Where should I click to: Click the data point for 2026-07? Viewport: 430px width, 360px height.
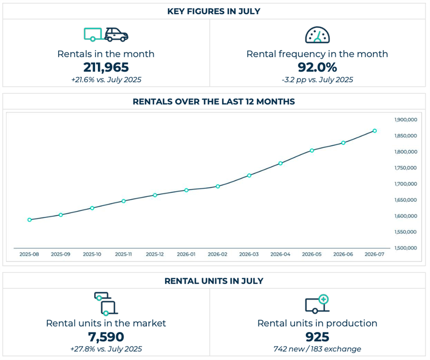click(x=375, y=131)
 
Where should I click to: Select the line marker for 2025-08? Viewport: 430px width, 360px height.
click(x=30, y=220)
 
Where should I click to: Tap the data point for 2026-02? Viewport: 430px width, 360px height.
click(x=218, y=186)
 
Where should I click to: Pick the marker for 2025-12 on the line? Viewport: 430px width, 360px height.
click(x=155, y=195)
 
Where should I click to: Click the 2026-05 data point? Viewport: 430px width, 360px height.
click(x=312, y=151)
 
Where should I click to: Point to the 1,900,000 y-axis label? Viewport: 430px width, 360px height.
click(x=406, y=119)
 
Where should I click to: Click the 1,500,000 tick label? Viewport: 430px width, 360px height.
click(x=406, y=248)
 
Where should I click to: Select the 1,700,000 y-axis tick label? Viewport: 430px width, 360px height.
click(x=406, y=184)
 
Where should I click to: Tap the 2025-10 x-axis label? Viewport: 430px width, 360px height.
click(x=92, y=255)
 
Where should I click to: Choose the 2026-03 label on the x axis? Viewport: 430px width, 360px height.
click(x=249, y=255)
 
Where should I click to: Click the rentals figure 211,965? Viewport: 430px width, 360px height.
click(x=106, y=67)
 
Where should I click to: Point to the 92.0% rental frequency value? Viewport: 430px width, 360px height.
click(x=317, y=67)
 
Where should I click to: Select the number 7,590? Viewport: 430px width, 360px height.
click(x=106, y=337)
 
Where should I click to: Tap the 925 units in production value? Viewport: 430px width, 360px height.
click(x=317, y=337)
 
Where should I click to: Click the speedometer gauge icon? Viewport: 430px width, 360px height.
click(x=317, y=35)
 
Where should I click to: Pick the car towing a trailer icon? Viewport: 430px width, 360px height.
click(x=106, y=34)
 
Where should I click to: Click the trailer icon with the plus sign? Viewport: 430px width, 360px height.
click(x=317, y=304)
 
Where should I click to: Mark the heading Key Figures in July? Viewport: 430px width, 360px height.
click(x=214, y=11)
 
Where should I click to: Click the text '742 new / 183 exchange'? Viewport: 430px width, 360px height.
click(x=317, y=349)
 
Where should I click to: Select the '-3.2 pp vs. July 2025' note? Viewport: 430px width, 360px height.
click(x=317, y=80)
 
